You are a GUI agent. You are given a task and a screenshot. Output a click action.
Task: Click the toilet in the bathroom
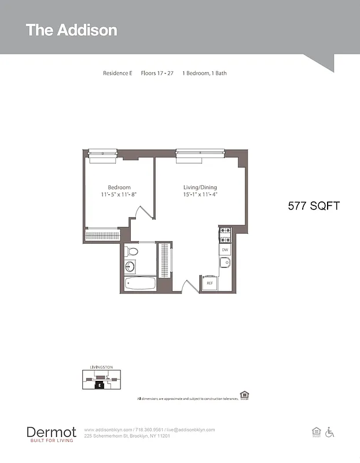[133, 252]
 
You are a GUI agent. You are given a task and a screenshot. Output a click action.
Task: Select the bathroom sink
[130, 267]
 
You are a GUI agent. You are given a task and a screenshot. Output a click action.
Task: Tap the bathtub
[140, 284]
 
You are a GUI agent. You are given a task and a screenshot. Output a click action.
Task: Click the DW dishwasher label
[225, 250]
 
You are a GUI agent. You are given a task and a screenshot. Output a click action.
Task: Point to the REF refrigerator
[209, 284]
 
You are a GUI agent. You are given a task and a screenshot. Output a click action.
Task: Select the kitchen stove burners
[225, 234]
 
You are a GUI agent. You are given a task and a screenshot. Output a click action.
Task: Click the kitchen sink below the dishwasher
[225, 263]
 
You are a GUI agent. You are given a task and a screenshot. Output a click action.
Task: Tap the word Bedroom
[119, 188]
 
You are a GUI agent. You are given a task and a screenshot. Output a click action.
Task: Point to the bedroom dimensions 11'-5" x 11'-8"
[119, 194]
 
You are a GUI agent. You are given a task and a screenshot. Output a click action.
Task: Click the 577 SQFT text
[314, 205]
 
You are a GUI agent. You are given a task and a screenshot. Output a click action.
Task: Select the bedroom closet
[102, 236]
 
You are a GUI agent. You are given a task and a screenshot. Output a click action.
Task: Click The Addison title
[71, 30]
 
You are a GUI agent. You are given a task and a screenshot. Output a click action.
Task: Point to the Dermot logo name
[51, 432]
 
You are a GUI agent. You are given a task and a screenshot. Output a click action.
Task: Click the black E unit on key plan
[100, 384]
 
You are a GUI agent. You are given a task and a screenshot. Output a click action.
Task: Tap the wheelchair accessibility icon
[330, 432]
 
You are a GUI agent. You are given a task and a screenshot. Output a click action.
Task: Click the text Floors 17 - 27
[157, 74]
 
